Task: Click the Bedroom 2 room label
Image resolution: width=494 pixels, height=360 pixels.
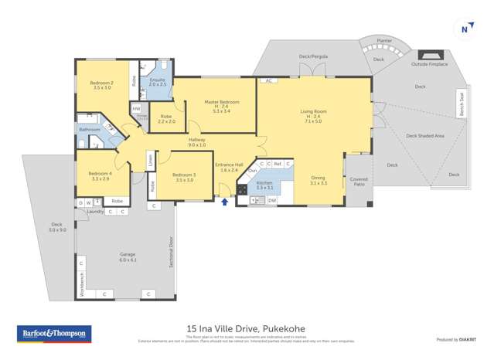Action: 102,85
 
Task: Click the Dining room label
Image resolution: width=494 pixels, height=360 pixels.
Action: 319,180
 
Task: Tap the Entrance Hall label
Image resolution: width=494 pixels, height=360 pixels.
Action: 229,167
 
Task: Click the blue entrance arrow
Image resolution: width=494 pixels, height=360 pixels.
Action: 225,202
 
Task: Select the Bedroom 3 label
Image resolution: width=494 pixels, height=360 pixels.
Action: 184,177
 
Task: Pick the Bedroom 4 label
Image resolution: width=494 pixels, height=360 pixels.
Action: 101,176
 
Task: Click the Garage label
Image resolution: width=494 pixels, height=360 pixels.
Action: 128,257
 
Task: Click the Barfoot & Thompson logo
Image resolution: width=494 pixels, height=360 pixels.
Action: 54,334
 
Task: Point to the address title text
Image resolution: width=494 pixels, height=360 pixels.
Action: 247,328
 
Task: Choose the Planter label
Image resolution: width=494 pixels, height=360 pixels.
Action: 384,39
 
